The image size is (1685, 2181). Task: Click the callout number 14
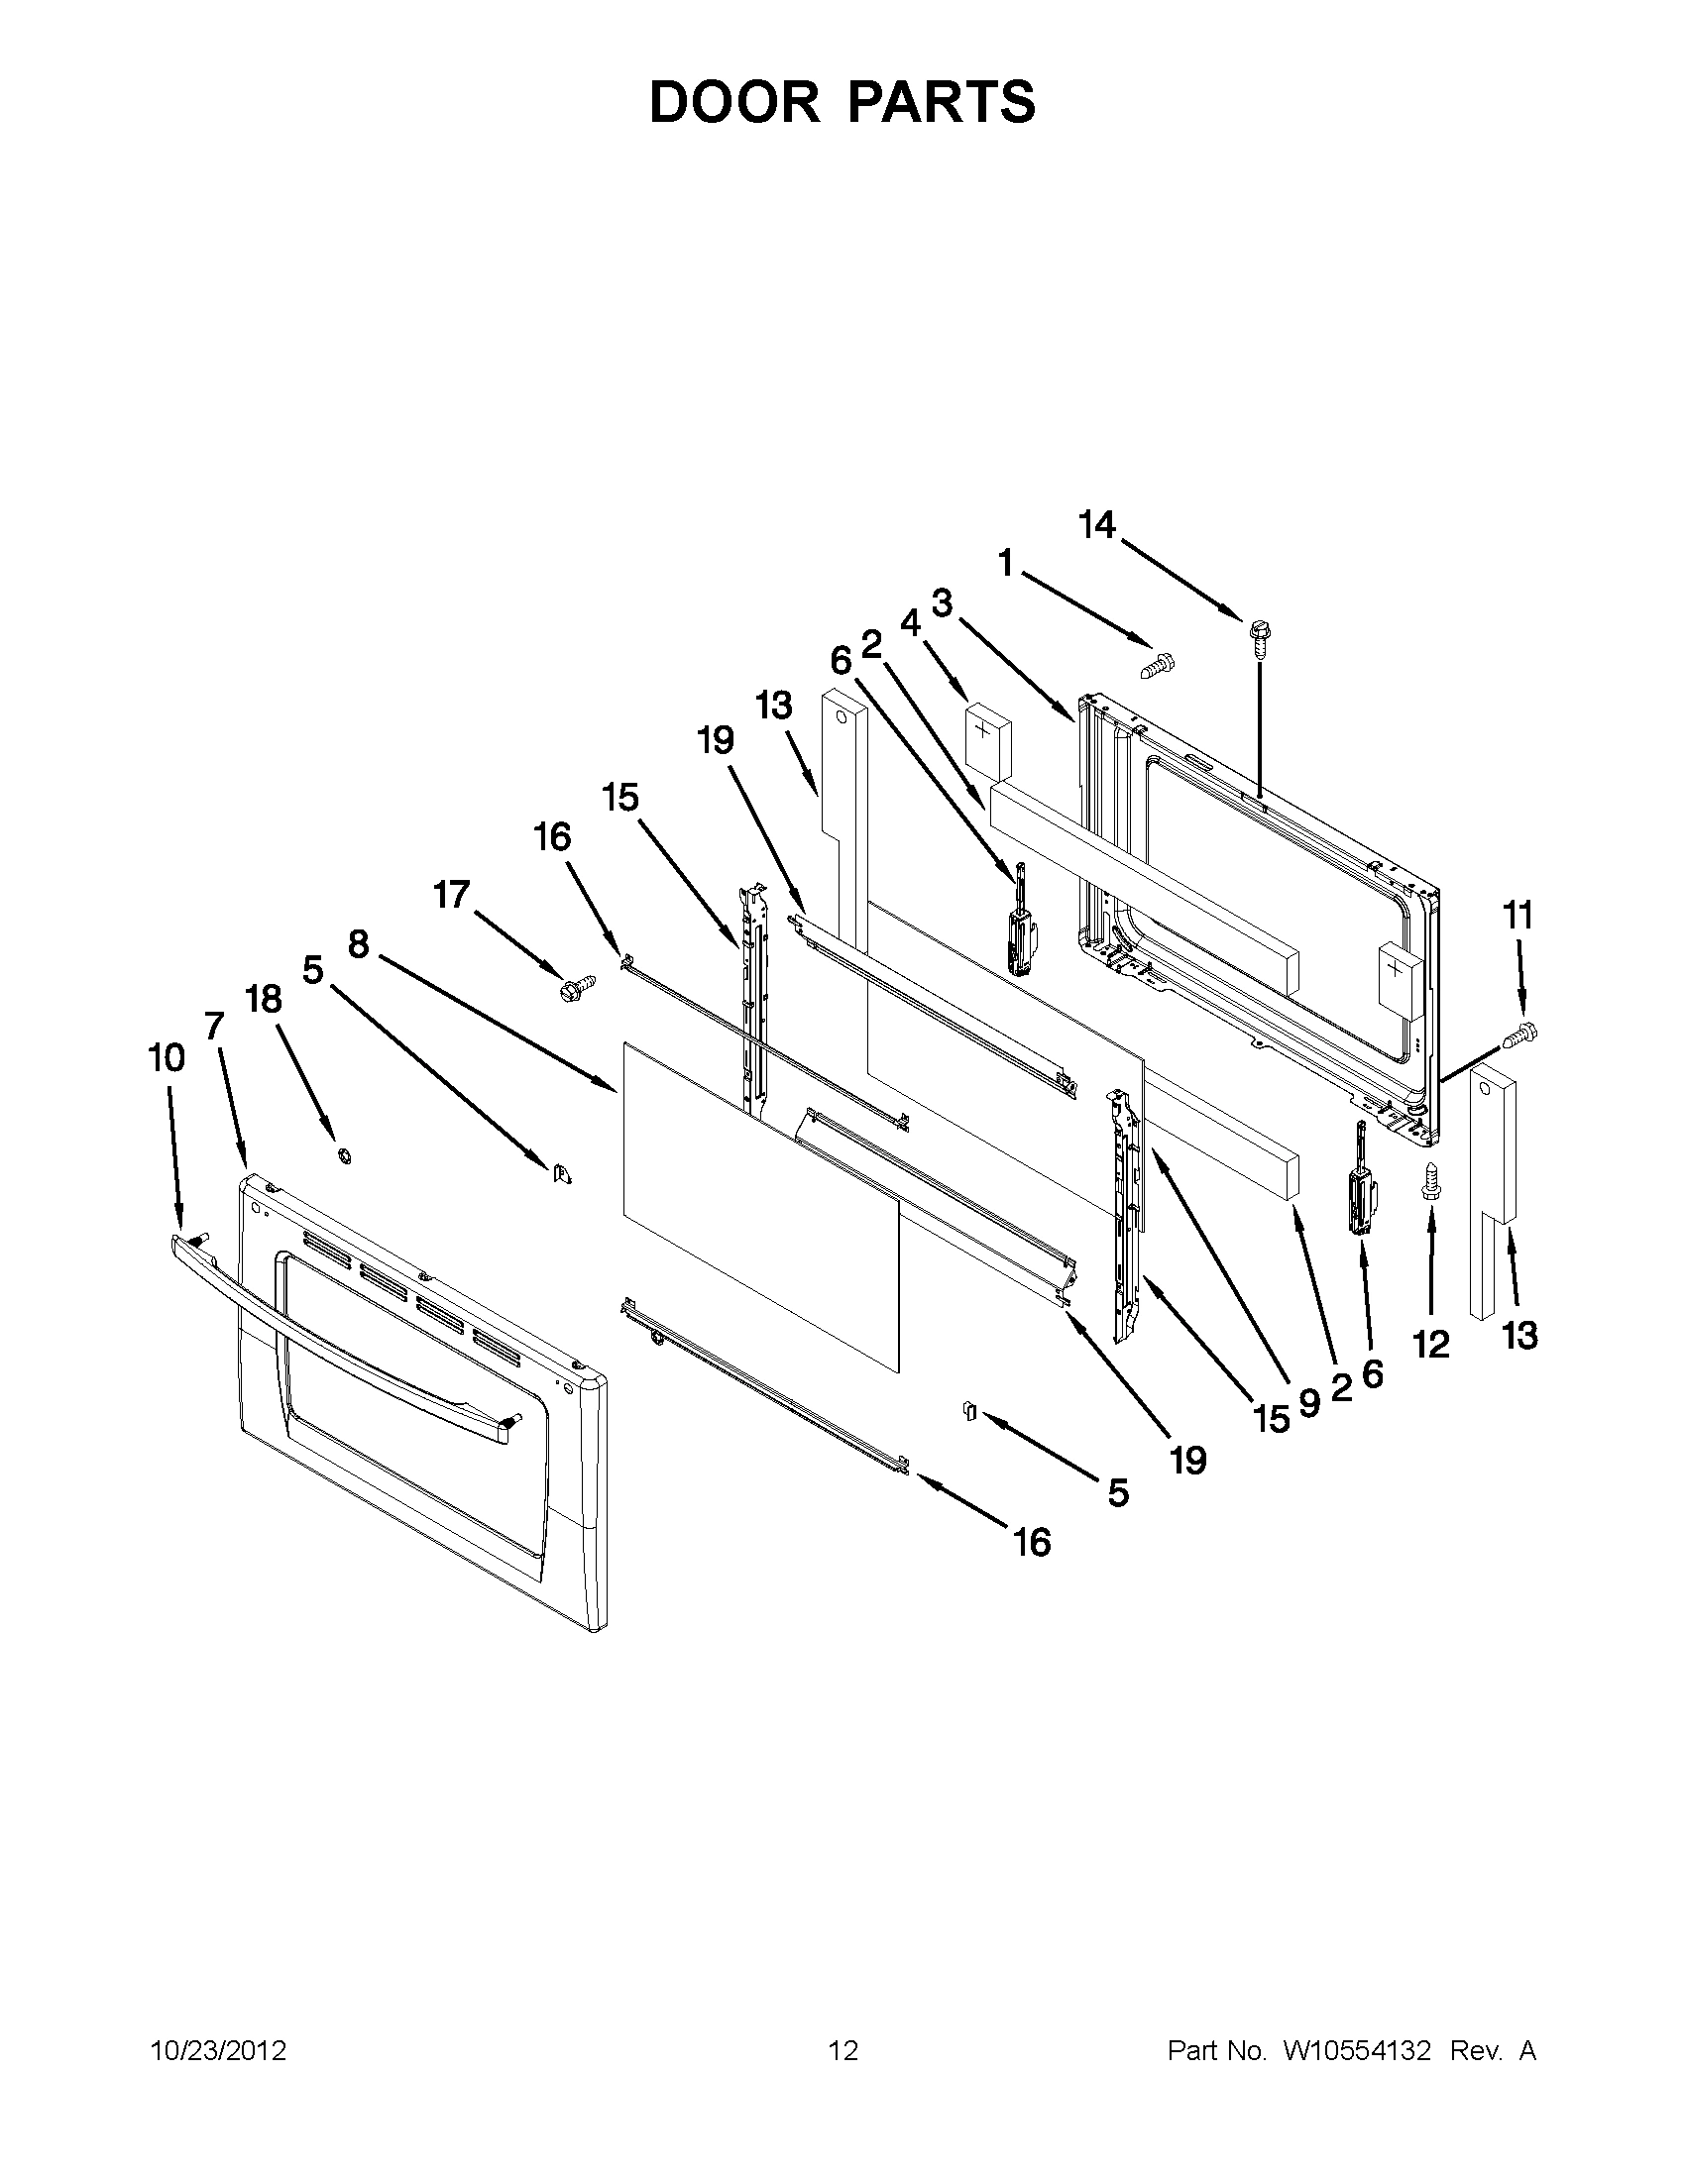1096,524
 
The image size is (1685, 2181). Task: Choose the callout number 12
1430,1344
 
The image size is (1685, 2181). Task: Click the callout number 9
1308,1403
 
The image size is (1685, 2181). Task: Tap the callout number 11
1518,915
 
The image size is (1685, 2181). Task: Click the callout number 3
942,603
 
